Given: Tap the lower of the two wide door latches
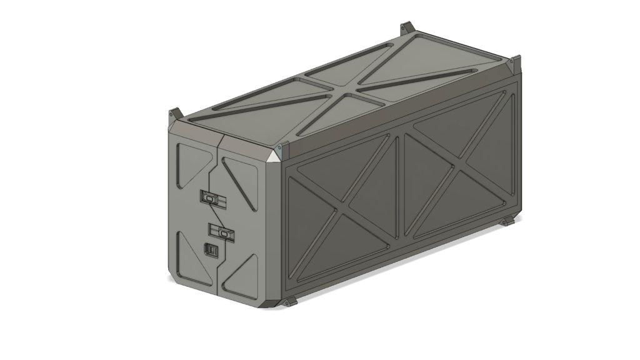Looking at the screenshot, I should point(222,232).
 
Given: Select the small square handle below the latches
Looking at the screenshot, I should point(211,249).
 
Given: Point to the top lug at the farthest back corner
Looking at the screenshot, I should point(407,29).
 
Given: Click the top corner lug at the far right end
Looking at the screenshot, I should point(514,62).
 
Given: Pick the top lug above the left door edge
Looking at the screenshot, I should point(174,114).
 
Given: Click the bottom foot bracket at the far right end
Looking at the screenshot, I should point(506,222).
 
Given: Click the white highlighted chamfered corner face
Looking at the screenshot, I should point(275,156).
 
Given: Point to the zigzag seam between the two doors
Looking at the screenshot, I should point(217,219).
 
